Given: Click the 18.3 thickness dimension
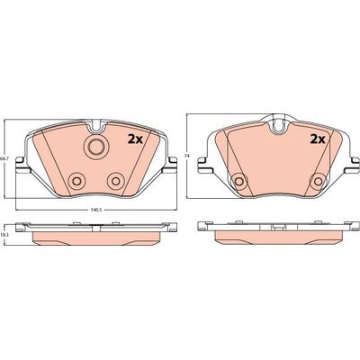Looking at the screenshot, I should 5,234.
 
